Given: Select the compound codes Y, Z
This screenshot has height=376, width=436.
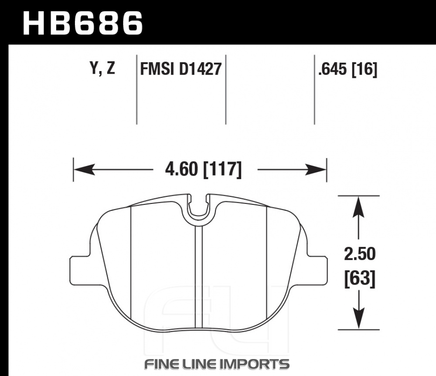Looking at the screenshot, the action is tap(102, 68).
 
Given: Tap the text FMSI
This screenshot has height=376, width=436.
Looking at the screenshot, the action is tap(157, 69).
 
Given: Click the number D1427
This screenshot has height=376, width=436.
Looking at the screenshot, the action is tap(200, 69).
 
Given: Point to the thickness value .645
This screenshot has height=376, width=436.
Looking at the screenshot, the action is tap(333, 69).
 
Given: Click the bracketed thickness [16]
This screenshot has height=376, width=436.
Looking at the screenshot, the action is tap(364, 69).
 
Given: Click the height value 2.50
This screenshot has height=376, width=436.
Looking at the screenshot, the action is tap(360, 254).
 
